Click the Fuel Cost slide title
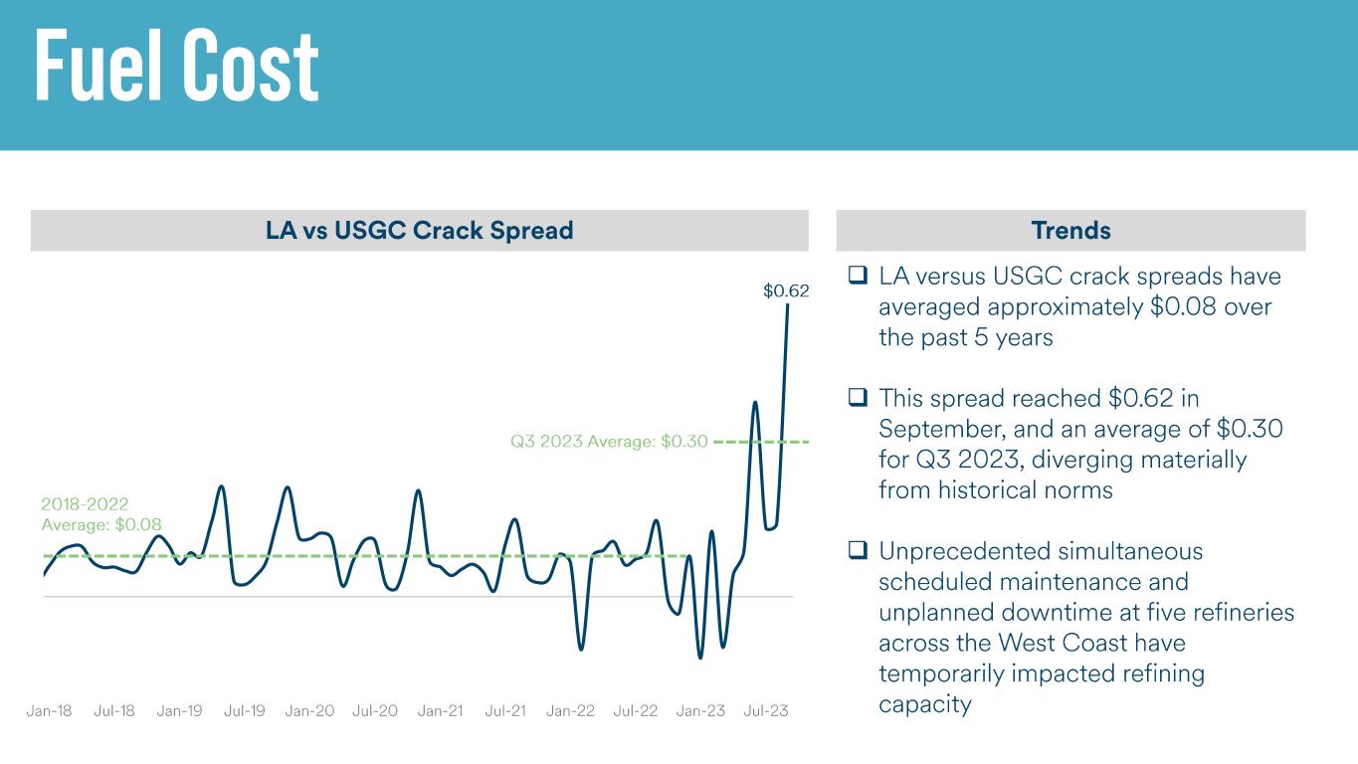[177, 67]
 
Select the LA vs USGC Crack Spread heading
[419, 231]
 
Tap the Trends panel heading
[1070, 231]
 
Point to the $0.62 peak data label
[786, 291]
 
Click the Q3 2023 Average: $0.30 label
[609, 442]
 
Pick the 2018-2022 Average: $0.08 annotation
[100, 514]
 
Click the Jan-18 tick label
[49, 711]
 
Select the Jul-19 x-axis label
[245, 711]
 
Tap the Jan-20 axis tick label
[309, 711]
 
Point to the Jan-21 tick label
[440, 711]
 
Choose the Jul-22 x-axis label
[636, 711]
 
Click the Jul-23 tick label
[766, 711]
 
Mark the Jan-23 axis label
[701, 711]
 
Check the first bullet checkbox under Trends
[858, 275]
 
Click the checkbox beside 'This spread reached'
[858, 397]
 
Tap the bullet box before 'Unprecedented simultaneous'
[858, 550]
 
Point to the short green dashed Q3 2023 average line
[761, 441]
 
